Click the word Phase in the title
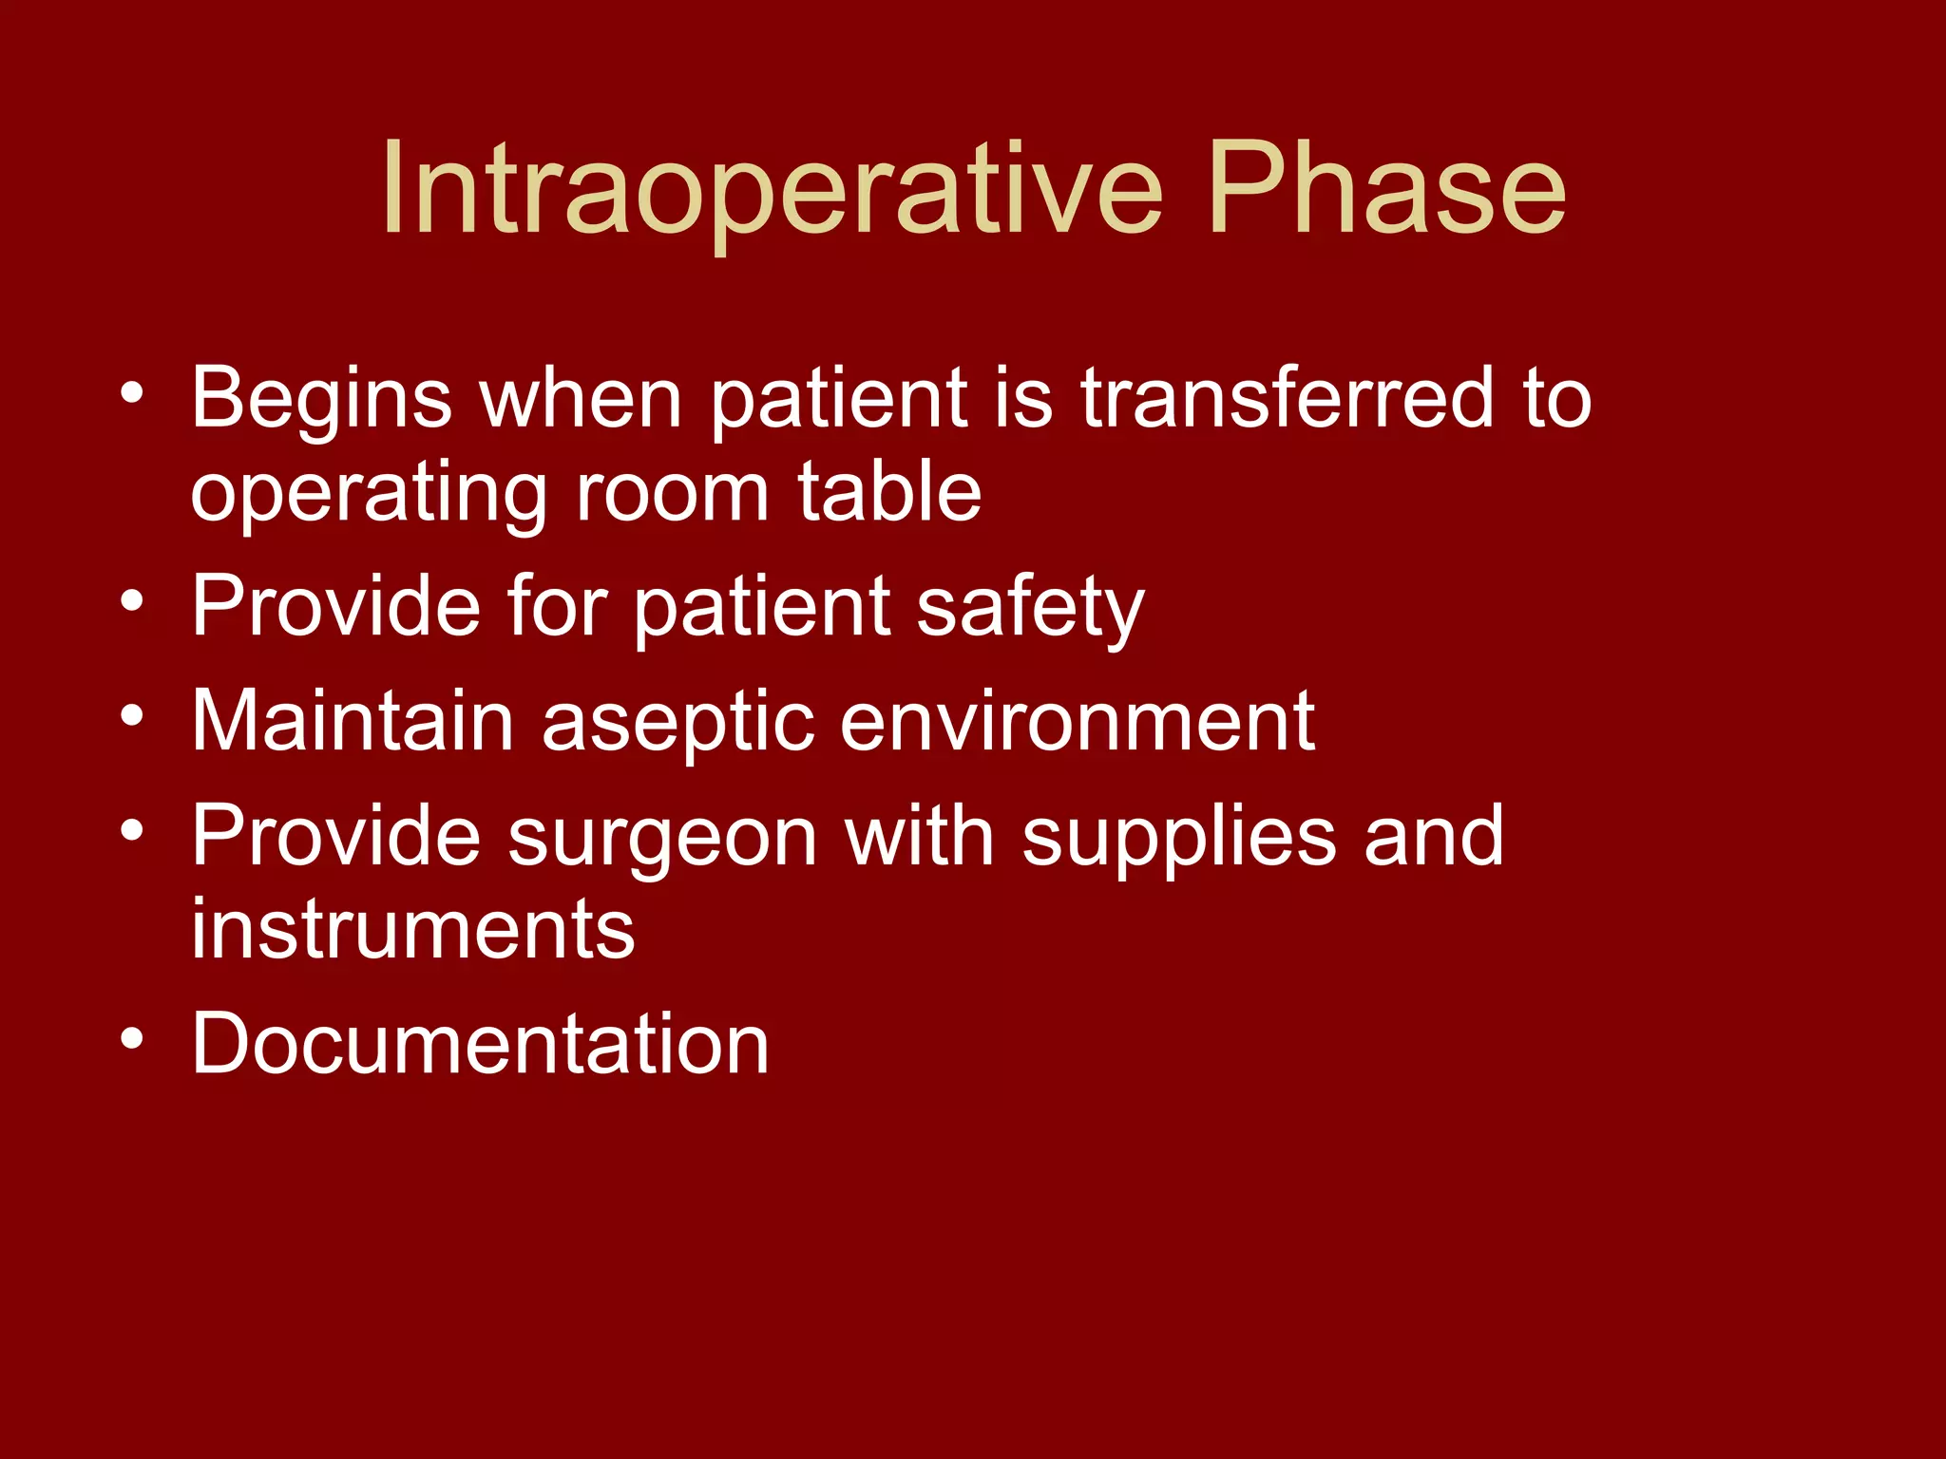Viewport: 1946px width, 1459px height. (x=1386, y=190)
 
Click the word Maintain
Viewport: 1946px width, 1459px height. (x=353, y=721)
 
